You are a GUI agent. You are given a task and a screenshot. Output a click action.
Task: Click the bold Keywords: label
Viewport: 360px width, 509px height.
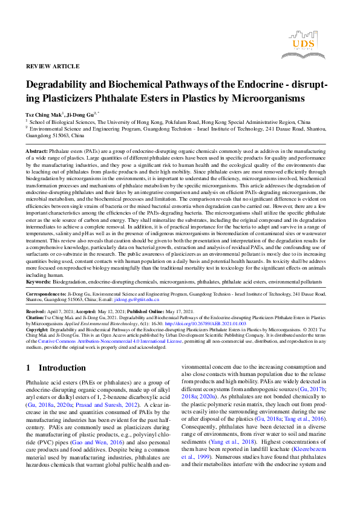pos(38,281)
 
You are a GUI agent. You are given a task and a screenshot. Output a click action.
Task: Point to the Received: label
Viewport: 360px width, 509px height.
pos(38,308)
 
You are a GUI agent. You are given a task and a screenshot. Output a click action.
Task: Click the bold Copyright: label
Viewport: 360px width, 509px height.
pos(39,330)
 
